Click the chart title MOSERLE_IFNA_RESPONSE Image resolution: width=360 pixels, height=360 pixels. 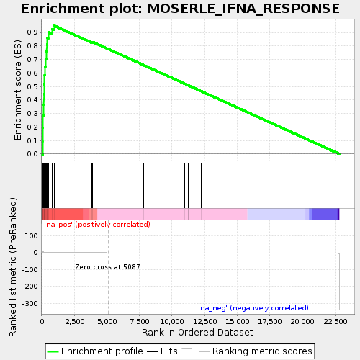180,9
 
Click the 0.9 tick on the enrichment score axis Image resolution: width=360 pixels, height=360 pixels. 32,32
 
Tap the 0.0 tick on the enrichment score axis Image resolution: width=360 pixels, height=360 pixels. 32,154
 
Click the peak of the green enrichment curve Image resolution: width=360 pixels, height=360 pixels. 54,25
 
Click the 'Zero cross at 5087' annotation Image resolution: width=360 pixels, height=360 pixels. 107,267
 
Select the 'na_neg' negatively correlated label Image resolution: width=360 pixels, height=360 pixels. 253,307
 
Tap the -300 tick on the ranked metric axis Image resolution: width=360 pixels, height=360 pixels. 28,304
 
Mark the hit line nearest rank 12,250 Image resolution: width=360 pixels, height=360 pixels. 201,185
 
